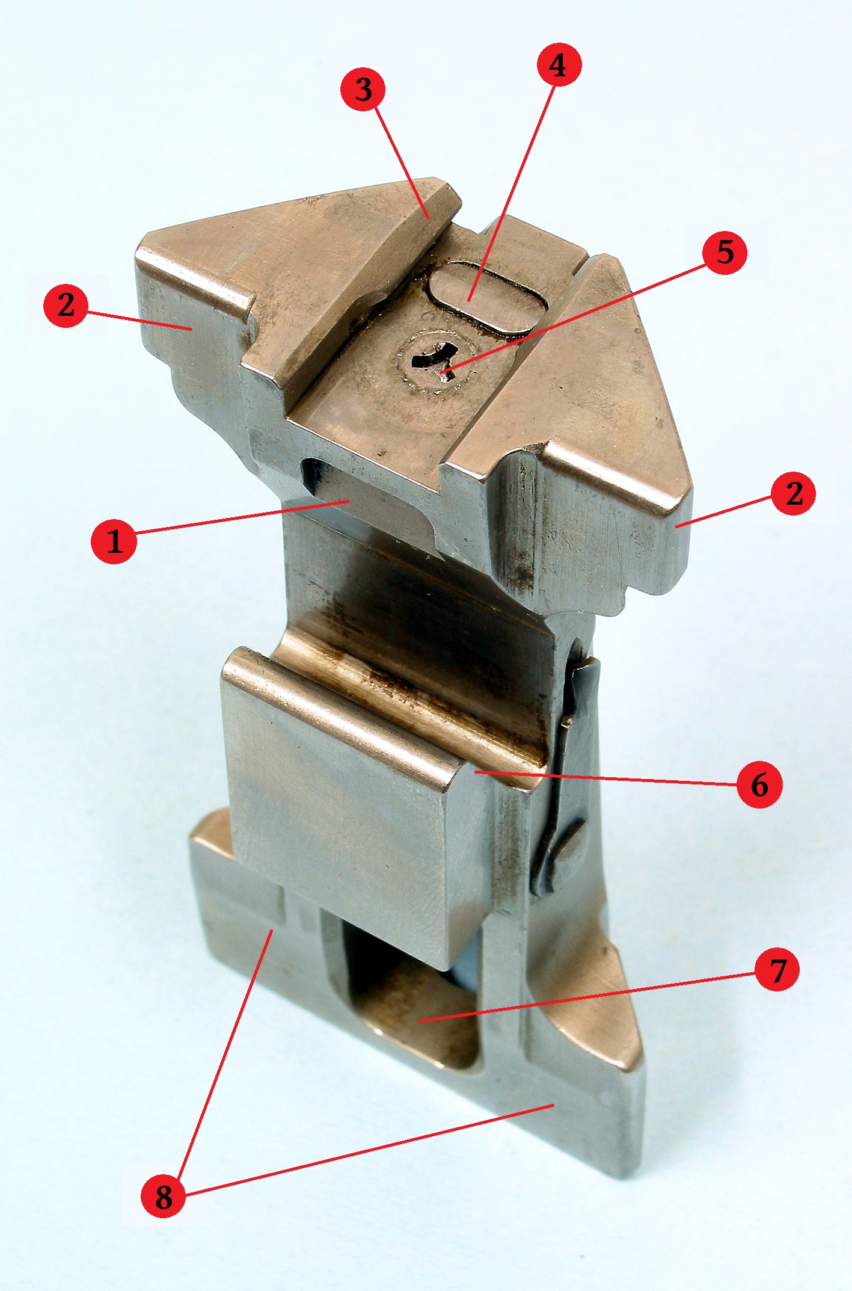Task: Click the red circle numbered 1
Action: [114, 540]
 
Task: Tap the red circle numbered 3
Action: [364, 89]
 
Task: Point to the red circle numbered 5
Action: [725, 251]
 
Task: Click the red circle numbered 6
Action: [759, 784]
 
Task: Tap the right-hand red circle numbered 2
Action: [794, 493]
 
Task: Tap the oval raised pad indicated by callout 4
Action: [486, 297]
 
